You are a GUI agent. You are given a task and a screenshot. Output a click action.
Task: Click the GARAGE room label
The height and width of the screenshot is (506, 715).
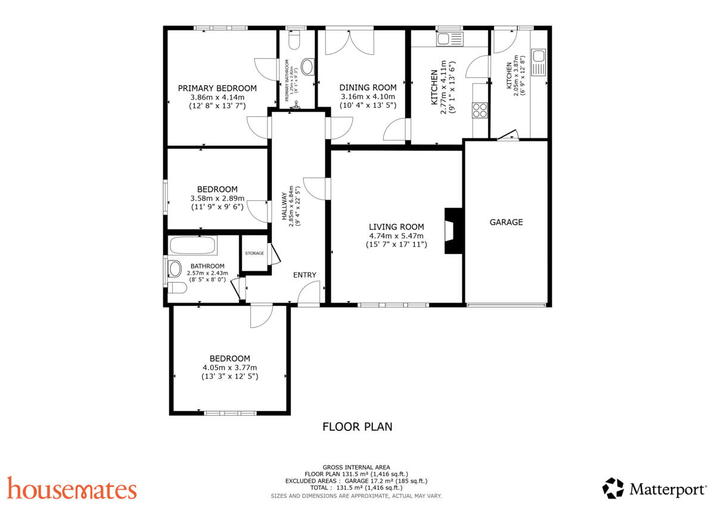coord(506,222)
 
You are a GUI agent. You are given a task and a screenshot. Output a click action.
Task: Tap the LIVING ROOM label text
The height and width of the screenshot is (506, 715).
coord(396,226)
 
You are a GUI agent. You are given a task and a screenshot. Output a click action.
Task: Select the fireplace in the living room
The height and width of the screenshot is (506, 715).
coord(453,231)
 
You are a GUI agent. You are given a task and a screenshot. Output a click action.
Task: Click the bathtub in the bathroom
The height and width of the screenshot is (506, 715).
coord(192,246)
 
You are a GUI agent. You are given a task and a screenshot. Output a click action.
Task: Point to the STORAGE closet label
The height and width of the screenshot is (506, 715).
coord(254,254)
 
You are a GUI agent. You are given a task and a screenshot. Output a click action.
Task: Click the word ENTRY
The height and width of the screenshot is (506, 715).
coord(304,275)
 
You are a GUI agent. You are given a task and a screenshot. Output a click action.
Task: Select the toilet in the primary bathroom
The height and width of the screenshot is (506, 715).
coord(293,40)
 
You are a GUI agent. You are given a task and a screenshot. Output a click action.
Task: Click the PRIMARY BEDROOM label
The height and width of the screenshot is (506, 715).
coord(217,88)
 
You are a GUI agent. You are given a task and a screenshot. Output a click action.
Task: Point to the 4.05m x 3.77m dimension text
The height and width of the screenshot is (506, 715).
coord(229,368)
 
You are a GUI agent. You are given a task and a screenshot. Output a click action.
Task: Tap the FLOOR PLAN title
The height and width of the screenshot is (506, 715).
coord(357,427)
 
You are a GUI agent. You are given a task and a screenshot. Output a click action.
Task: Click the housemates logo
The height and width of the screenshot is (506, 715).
coord(72,489)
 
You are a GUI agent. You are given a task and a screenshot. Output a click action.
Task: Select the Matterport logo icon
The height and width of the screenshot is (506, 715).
coord(613,488)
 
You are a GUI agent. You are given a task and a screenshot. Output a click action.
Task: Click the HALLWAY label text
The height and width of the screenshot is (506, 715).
coord(284,206)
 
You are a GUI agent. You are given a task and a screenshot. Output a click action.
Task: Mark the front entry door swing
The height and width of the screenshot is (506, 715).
coord(309,293)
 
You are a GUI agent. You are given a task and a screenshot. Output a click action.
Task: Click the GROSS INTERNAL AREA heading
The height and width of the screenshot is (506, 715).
coord(356,467)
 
